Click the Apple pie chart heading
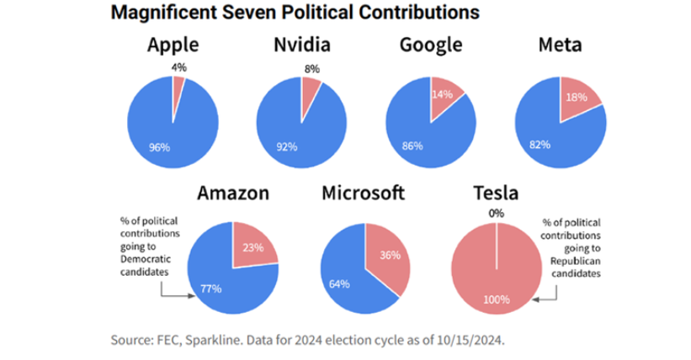pos(173,45)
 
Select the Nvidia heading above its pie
pos(301,45)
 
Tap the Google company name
pos(430,45)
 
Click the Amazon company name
pos(233,193)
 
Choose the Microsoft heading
pos(363,193)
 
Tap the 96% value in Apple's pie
pos(159,146)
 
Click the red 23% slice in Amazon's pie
pos(252,247)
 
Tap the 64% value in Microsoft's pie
pos(340,283)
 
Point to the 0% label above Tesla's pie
pos(497,214)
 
